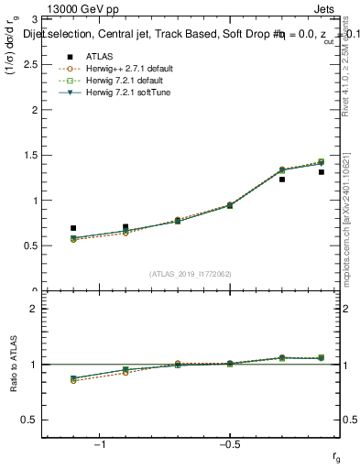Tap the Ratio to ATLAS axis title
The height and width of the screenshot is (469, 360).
(14, 365)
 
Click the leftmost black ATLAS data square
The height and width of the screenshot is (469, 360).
(73, 228)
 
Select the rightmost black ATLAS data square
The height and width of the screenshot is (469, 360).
(321, 172)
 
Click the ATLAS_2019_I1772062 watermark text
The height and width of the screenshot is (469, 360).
(191, 273)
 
